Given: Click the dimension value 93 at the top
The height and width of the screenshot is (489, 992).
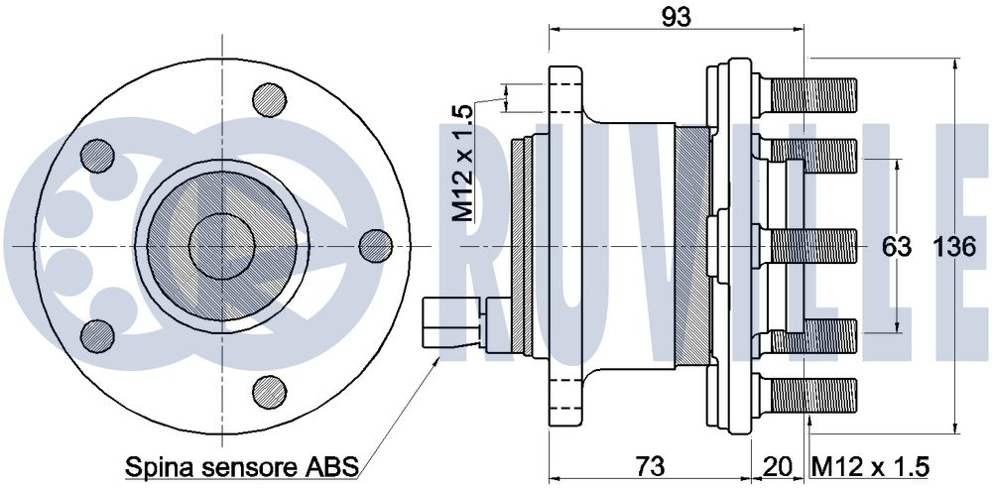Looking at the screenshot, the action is (x=677, y=17).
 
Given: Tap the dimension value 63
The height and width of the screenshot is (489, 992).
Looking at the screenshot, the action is (x=897, y=247).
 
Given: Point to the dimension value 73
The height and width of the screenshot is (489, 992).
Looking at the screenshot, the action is (x=650, y=467).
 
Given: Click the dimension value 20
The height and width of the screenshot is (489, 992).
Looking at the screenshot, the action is (x=777, y=467).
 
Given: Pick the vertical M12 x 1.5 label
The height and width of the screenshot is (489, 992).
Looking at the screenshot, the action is (x=462, y=164).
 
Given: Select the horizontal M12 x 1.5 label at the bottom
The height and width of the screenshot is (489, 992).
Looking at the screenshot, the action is (x=870, y=467).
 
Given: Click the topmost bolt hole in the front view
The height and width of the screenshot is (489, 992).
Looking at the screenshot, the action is (x=270, y=100).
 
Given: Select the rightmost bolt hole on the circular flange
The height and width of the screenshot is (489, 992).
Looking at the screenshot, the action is (x=376, y=246).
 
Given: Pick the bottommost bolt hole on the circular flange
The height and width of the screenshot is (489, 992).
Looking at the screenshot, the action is (x=270, y=392).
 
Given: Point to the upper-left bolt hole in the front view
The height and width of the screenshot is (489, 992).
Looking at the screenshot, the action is (x=97, y=156).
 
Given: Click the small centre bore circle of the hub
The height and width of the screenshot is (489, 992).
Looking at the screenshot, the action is (x=222, y=246).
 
